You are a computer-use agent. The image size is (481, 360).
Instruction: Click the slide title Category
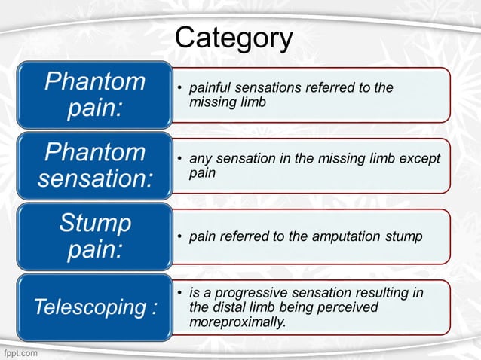point(234,38)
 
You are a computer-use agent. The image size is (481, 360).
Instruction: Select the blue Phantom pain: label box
point(95,94)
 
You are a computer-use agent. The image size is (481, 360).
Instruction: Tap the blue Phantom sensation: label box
point(95,166)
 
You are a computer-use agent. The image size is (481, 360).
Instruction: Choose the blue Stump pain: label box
point(95,236)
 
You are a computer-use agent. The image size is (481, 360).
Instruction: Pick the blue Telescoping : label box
point(95,307)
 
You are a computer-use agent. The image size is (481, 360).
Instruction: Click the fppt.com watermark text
point(20,352)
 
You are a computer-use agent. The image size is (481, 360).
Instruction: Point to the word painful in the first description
point(209,88)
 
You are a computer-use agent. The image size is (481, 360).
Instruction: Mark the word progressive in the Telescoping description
point(244,293)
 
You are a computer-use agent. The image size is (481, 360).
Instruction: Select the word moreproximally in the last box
point(237,322)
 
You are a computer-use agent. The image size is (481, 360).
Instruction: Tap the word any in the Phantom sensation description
point(198,159)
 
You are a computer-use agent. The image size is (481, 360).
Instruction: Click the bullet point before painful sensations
point(179,89)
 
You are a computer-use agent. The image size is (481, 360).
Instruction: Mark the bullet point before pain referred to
point(179,236)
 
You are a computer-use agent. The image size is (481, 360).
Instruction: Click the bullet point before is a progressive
point(179,293)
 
